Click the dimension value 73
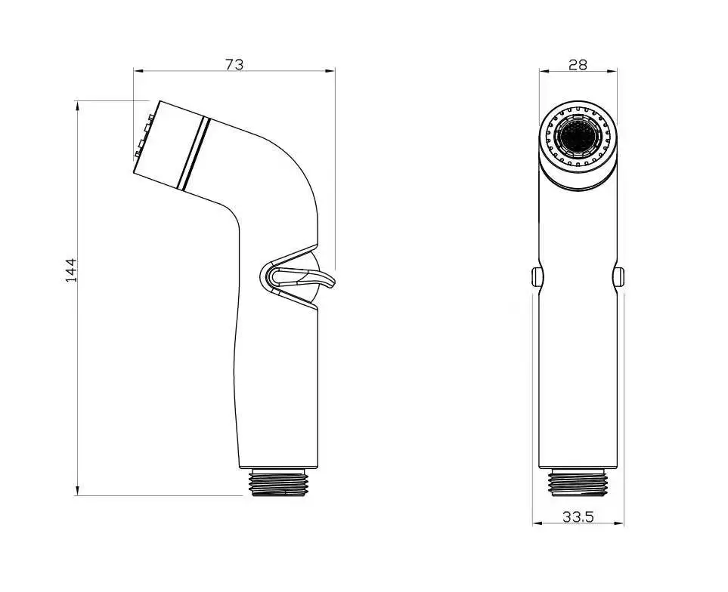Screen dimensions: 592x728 [x=234, y=64]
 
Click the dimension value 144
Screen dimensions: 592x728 [x=71, y=270]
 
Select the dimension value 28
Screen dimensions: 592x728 [x=578, y=65]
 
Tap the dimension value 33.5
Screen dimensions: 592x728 [x=578, y=516]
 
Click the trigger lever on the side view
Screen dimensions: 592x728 [x=321, y=281]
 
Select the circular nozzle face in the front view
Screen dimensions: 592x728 [x=578, y=137]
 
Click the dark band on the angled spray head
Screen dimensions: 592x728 [x=194, y=153]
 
